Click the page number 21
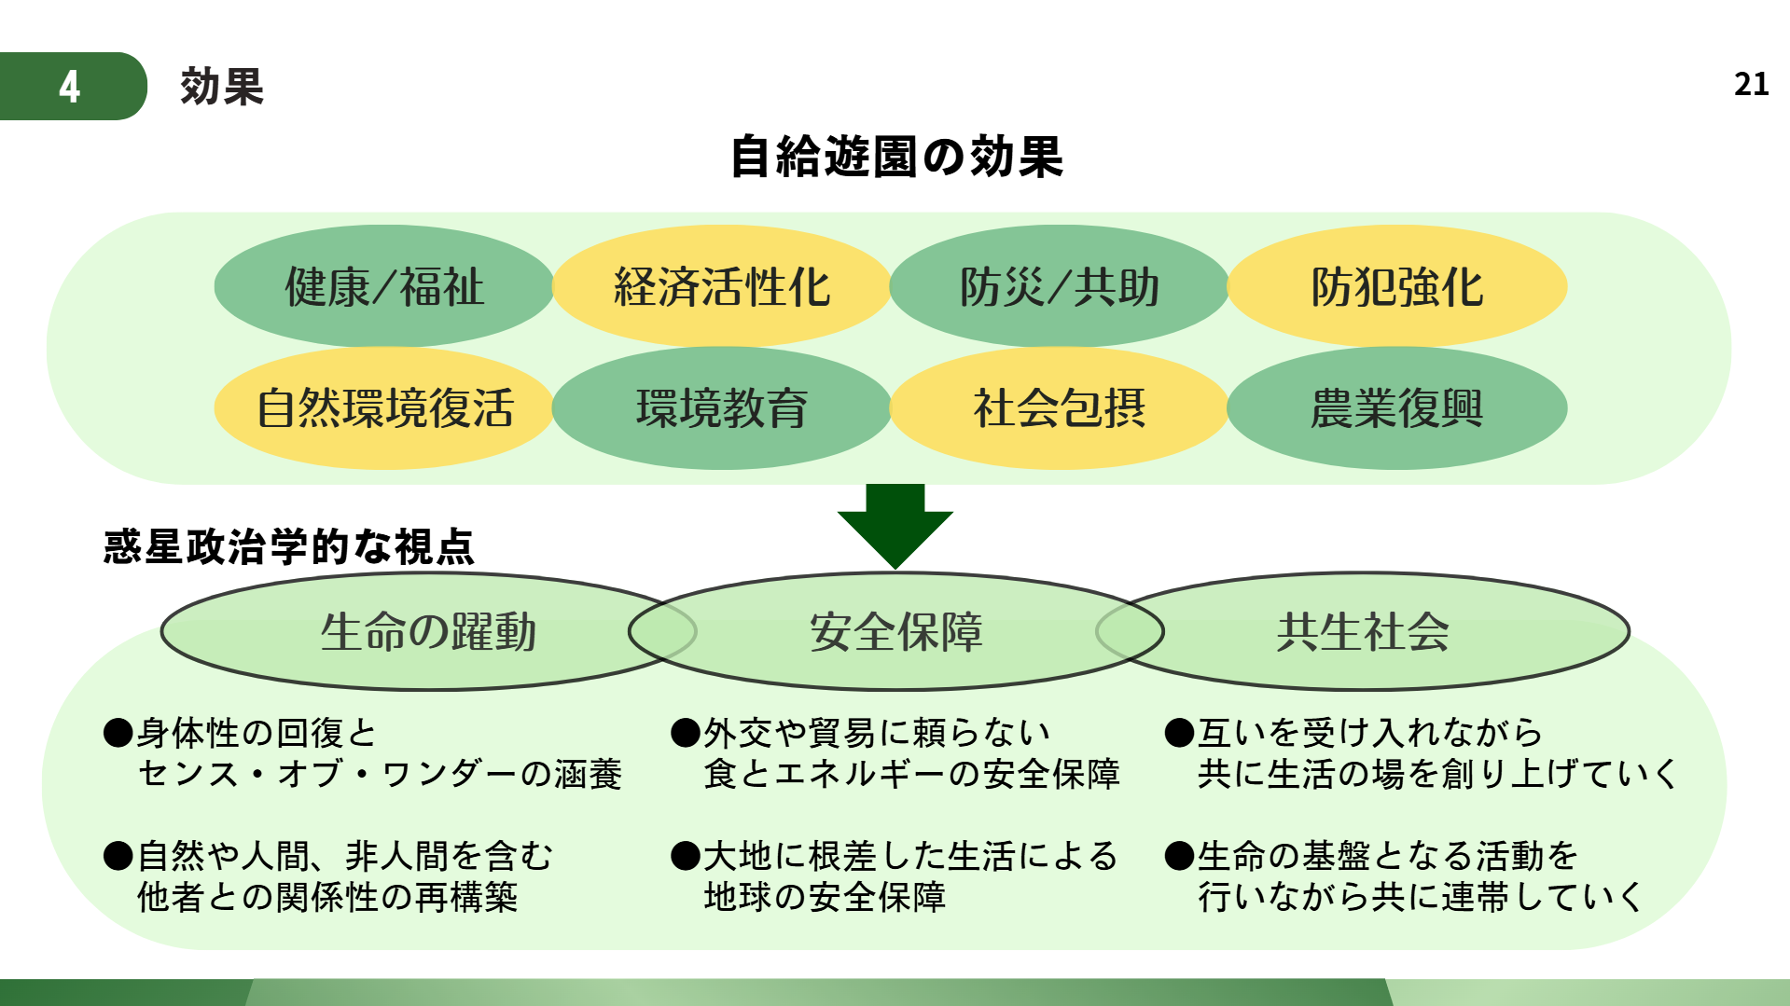click(1751, 85)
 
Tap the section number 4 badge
click(71, 87)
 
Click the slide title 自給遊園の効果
click(895, 157)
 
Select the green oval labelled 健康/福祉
click(384, 286)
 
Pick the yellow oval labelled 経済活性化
click(721, 286)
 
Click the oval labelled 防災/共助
click(1059, 286)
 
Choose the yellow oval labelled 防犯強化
click(1396, 286)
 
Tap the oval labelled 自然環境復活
click(384, 408)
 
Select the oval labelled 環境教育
click(721, 408)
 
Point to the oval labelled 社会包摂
click(1059, 408)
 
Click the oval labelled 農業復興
click(1396, 408)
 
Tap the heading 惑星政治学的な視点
click(289, 547)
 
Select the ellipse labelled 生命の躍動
click(428, 631)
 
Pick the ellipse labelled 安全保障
click(895, 631)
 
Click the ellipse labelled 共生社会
click(1363, 631)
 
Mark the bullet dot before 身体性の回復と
click(118, 734)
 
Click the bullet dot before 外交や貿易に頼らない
click(686, 734)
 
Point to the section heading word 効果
click(222, 87)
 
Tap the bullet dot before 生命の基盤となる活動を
click(1180, 856)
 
